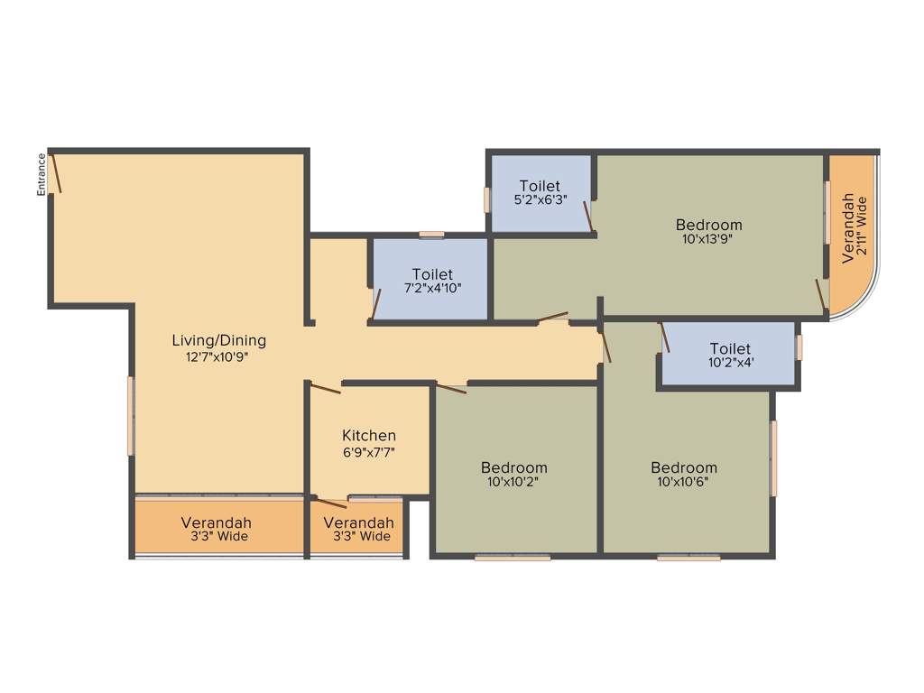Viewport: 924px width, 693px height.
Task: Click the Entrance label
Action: pos(42,174)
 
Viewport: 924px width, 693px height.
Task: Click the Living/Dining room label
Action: pos(219,340)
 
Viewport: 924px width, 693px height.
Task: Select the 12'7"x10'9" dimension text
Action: pos(217,357)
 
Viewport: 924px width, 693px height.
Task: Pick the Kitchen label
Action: pos(369,436)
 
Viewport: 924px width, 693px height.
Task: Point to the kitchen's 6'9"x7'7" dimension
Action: pos(369,453)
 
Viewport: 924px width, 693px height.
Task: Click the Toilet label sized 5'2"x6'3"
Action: pos(540,186)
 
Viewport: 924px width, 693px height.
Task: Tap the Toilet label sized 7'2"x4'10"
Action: pos(432,273)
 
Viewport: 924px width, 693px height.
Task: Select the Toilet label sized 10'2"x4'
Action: pos(730,348)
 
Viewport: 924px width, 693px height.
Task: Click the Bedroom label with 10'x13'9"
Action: pos(709,225)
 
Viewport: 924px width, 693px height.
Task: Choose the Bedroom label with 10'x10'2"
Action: pos(513,467)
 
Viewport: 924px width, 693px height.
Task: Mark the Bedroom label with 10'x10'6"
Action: pos(684,467)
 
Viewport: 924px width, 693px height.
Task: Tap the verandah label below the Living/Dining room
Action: pos(216,522)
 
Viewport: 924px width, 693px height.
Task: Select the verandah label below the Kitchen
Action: pos(358,522)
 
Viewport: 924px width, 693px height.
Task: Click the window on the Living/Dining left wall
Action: pos(131,416)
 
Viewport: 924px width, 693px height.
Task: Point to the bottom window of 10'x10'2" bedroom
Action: pos(513,558)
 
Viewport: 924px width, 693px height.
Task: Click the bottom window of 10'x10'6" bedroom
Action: pos(688,558)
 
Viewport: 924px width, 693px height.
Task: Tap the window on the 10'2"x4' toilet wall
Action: pos(799,347)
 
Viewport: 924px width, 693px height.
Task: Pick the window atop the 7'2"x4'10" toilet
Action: pos(432,235)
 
